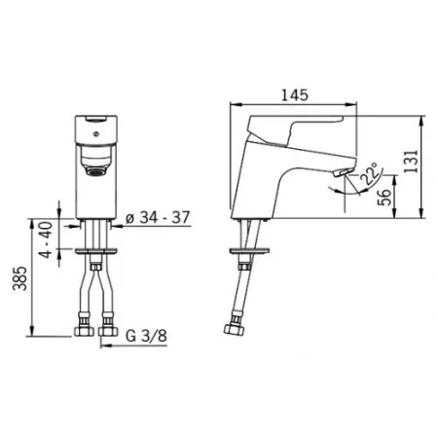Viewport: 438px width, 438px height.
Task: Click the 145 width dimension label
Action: tap(294, 95)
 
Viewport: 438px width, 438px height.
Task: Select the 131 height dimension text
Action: tap(412, 162)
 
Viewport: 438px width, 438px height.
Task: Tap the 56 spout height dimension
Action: tap(384, 197)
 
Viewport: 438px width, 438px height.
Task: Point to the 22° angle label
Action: tap(370, 174)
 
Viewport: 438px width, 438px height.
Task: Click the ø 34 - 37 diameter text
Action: tap(158, 217)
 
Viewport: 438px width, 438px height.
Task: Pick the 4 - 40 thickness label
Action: tap(46, 239)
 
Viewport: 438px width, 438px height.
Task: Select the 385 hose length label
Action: tap(19, 278)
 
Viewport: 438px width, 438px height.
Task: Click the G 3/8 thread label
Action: tap(146, 336)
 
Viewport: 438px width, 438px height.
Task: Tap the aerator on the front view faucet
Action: tap(95, 171)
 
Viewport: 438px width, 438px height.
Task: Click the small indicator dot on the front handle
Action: tap(95, 133)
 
